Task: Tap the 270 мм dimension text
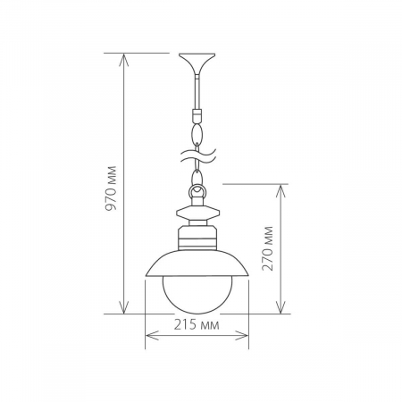click(268, 249)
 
